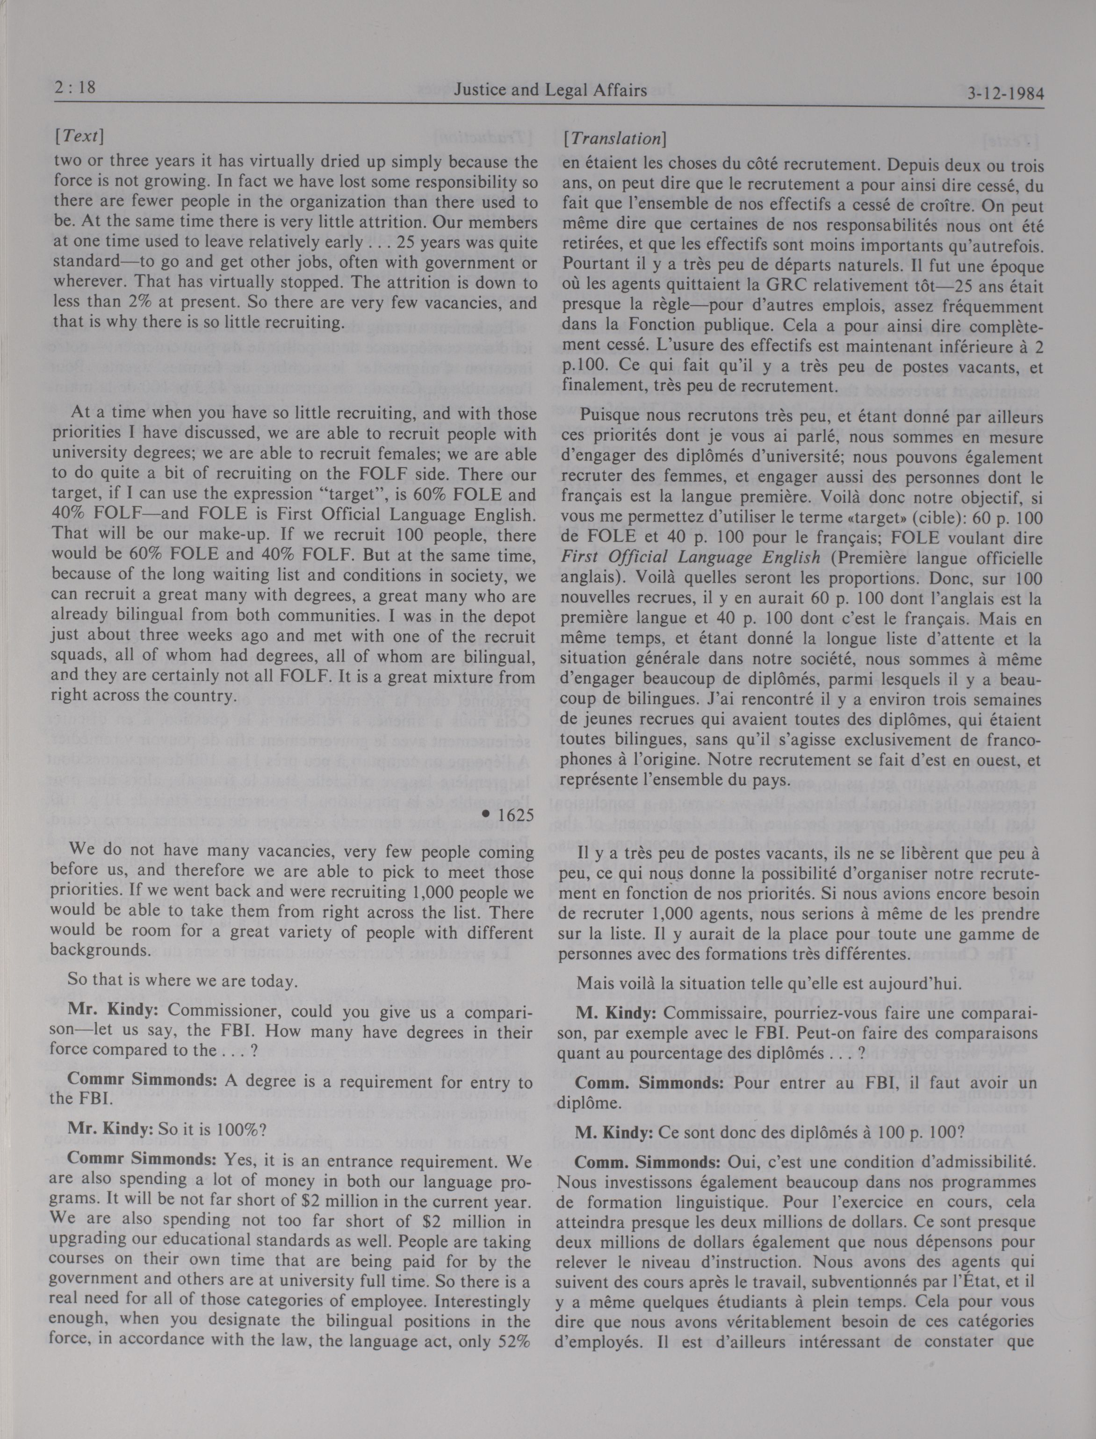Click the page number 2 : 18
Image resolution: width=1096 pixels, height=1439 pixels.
tap(73, 87)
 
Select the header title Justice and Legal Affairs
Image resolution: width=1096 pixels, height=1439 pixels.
tap(550, 90)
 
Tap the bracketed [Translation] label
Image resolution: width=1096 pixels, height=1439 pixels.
tap(614, 138)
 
